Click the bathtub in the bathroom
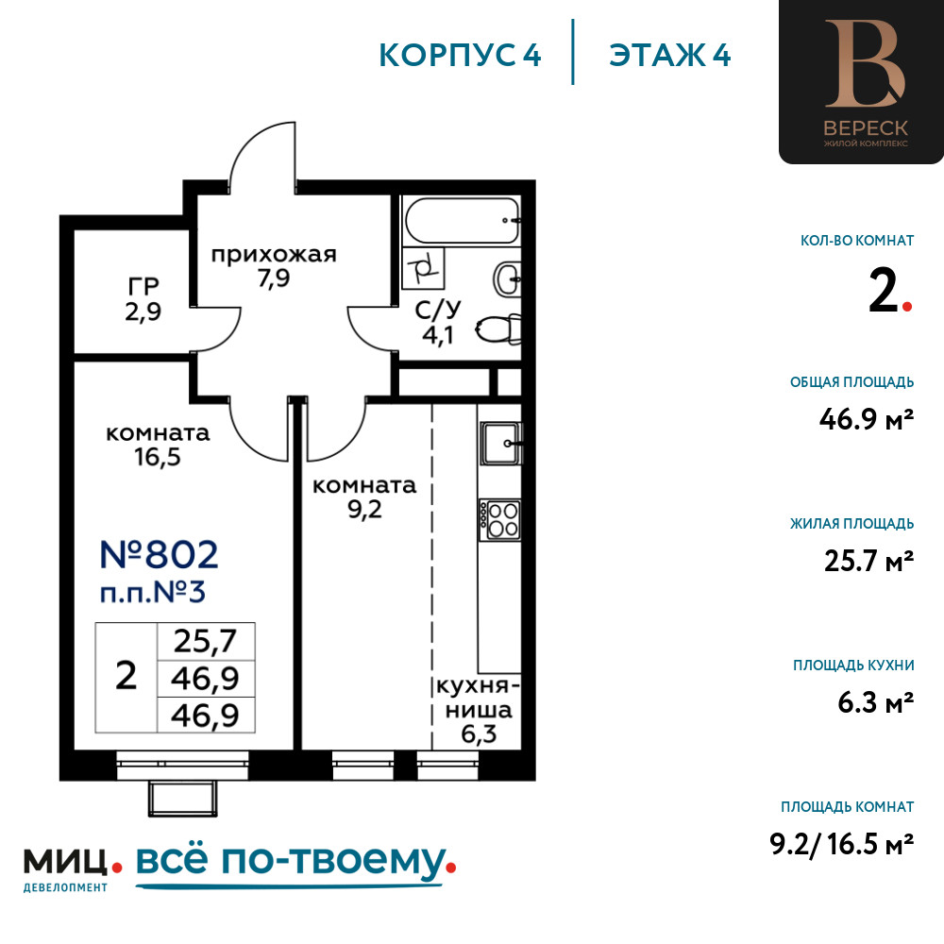click(x=463, y=220)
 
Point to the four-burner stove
click(x=499, y=519)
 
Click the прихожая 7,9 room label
click(x=274, y=266)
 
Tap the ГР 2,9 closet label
click(x=143, y=298)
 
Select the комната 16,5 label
click(x=158, y=445)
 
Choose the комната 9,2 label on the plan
click(x=364, y=497)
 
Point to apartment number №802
click(x=159, y=554)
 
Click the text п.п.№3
click(x=153, y=593)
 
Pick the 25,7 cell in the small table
click(x=205, y=641)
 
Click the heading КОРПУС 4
click(x=460, y=56)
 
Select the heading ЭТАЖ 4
click(x=670, y=56)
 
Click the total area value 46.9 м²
click(x=867, y=419)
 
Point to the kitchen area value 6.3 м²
click(x=876, y=702)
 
